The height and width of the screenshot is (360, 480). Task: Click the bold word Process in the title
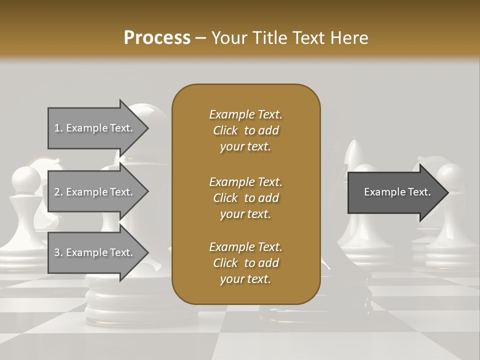(x=157, y=38)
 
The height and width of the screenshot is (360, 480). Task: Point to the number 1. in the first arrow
(x=58, y=128)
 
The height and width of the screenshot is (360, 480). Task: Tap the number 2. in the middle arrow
(x=58, y=192)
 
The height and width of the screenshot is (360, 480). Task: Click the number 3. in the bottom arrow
(x=58, y=252)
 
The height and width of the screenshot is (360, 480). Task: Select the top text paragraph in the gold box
(x=245, y=130)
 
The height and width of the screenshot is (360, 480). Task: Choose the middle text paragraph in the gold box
(x=245, y=198)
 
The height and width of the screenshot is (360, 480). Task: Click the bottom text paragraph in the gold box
(x=245, y=263)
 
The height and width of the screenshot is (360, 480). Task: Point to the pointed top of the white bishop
(x=353, y=145)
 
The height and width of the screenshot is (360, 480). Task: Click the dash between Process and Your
(x=201, y=38)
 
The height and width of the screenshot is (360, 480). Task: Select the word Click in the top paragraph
(x=225, y=130)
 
